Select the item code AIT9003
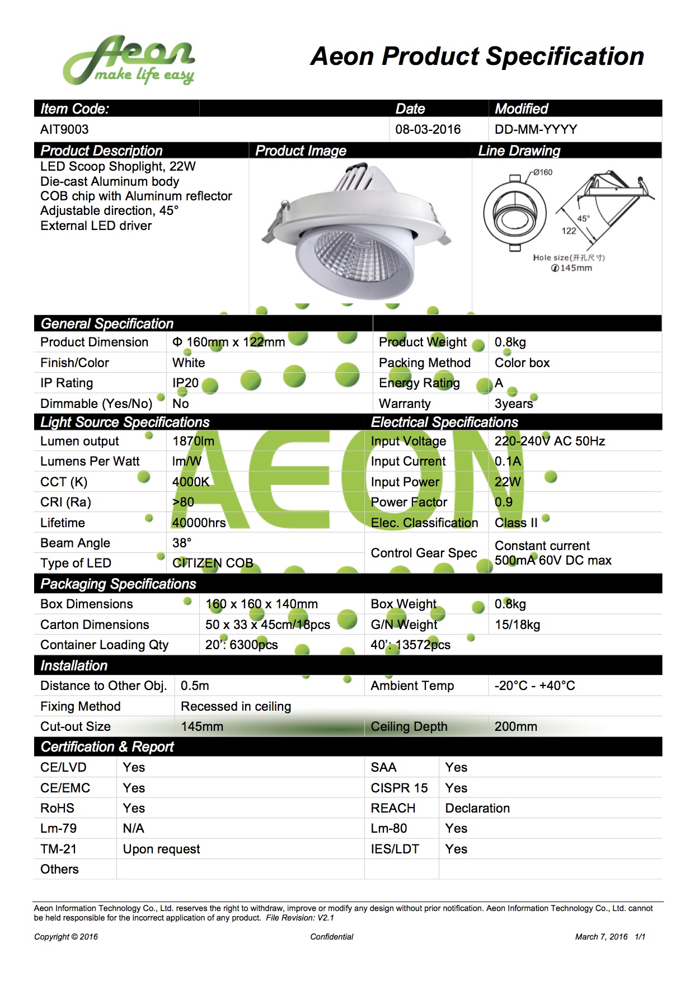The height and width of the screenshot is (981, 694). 64,129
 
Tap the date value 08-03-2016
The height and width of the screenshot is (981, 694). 428,129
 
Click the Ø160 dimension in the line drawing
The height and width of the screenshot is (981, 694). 542,172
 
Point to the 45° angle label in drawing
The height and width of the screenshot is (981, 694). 583,218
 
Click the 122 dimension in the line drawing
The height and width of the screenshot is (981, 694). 569,231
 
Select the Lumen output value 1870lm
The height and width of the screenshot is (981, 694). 193,441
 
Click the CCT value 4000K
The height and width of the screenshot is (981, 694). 191,482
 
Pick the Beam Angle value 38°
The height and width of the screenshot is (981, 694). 182,543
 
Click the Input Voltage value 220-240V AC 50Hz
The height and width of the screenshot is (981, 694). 550,441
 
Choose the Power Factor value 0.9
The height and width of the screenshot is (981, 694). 503,502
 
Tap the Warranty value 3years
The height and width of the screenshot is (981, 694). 514,403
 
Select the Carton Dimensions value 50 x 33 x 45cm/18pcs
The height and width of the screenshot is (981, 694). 268,625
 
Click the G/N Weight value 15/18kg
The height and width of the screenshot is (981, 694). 517,625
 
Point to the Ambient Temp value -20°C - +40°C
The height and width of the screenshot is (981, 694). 534,686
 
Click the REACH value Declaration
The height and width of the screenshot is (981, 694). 477,808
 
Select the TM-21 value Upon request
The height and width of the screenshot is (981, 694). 161,849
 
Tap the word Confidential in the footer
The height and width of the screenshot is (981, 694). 332,937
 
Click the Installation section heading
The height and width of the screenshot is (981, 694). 74,665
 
